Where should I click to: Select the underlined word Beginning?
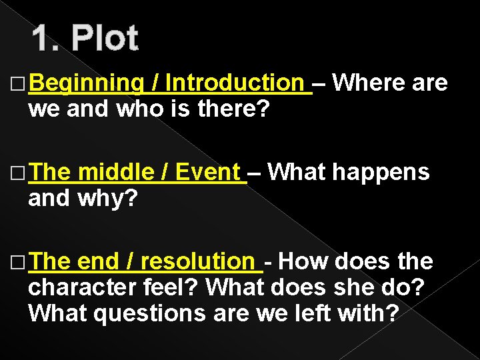pyautogui.click(x=86, y=83)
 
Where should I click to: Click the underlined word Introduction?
pyautogui.click(x=235, y=83)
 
